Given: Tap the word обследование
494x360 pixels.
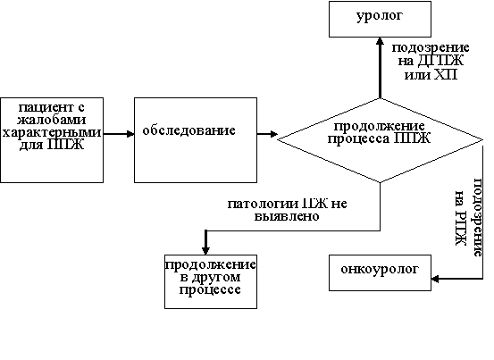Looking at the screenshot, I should (x=188, y=131).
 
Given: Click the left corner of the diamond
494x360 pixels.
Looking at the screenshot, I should (x=279, y=138).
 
